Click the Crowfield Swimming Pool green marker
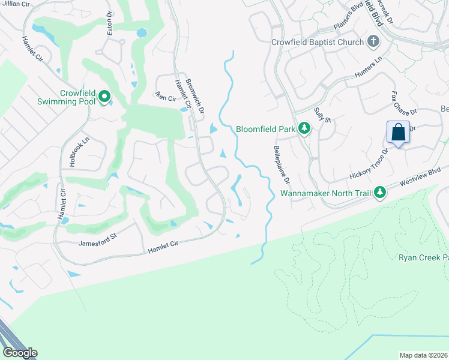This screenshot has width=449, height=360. pyautogui.click(x=105, y=97)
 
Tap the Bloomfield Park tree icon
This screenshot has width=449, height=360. pyautogui.click(x=304, y=128)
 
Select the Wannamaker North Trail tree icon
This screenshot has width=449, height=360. pyautogui.click(x=379, y=193)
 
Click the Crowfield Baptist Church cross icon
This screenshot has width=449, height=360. pyautogui.click(x=373, y=42)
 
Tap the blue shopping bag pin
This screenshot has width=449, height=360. pyautogui.click(x=399, y=132)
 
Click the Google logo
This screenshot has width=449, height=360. pyautogui.click(x=20, y=353)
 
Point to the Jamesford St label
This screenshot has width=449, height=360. pyautogui.click(x=97, y=243)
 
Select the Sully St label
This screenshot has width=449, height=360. pyautogui.click(x=323, y=114)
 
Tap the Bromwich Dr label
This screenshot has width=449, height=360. pyautogui.click(x=195, y=95)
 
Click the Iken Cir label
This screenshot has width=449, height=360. pyautogui.click(x=164, y=97)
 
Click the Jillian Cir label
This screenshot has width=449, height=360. pyautogui.click(x=14, y=4)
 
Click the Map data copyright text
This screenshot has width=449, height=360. pyautogui.click(x=423, y=355)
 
